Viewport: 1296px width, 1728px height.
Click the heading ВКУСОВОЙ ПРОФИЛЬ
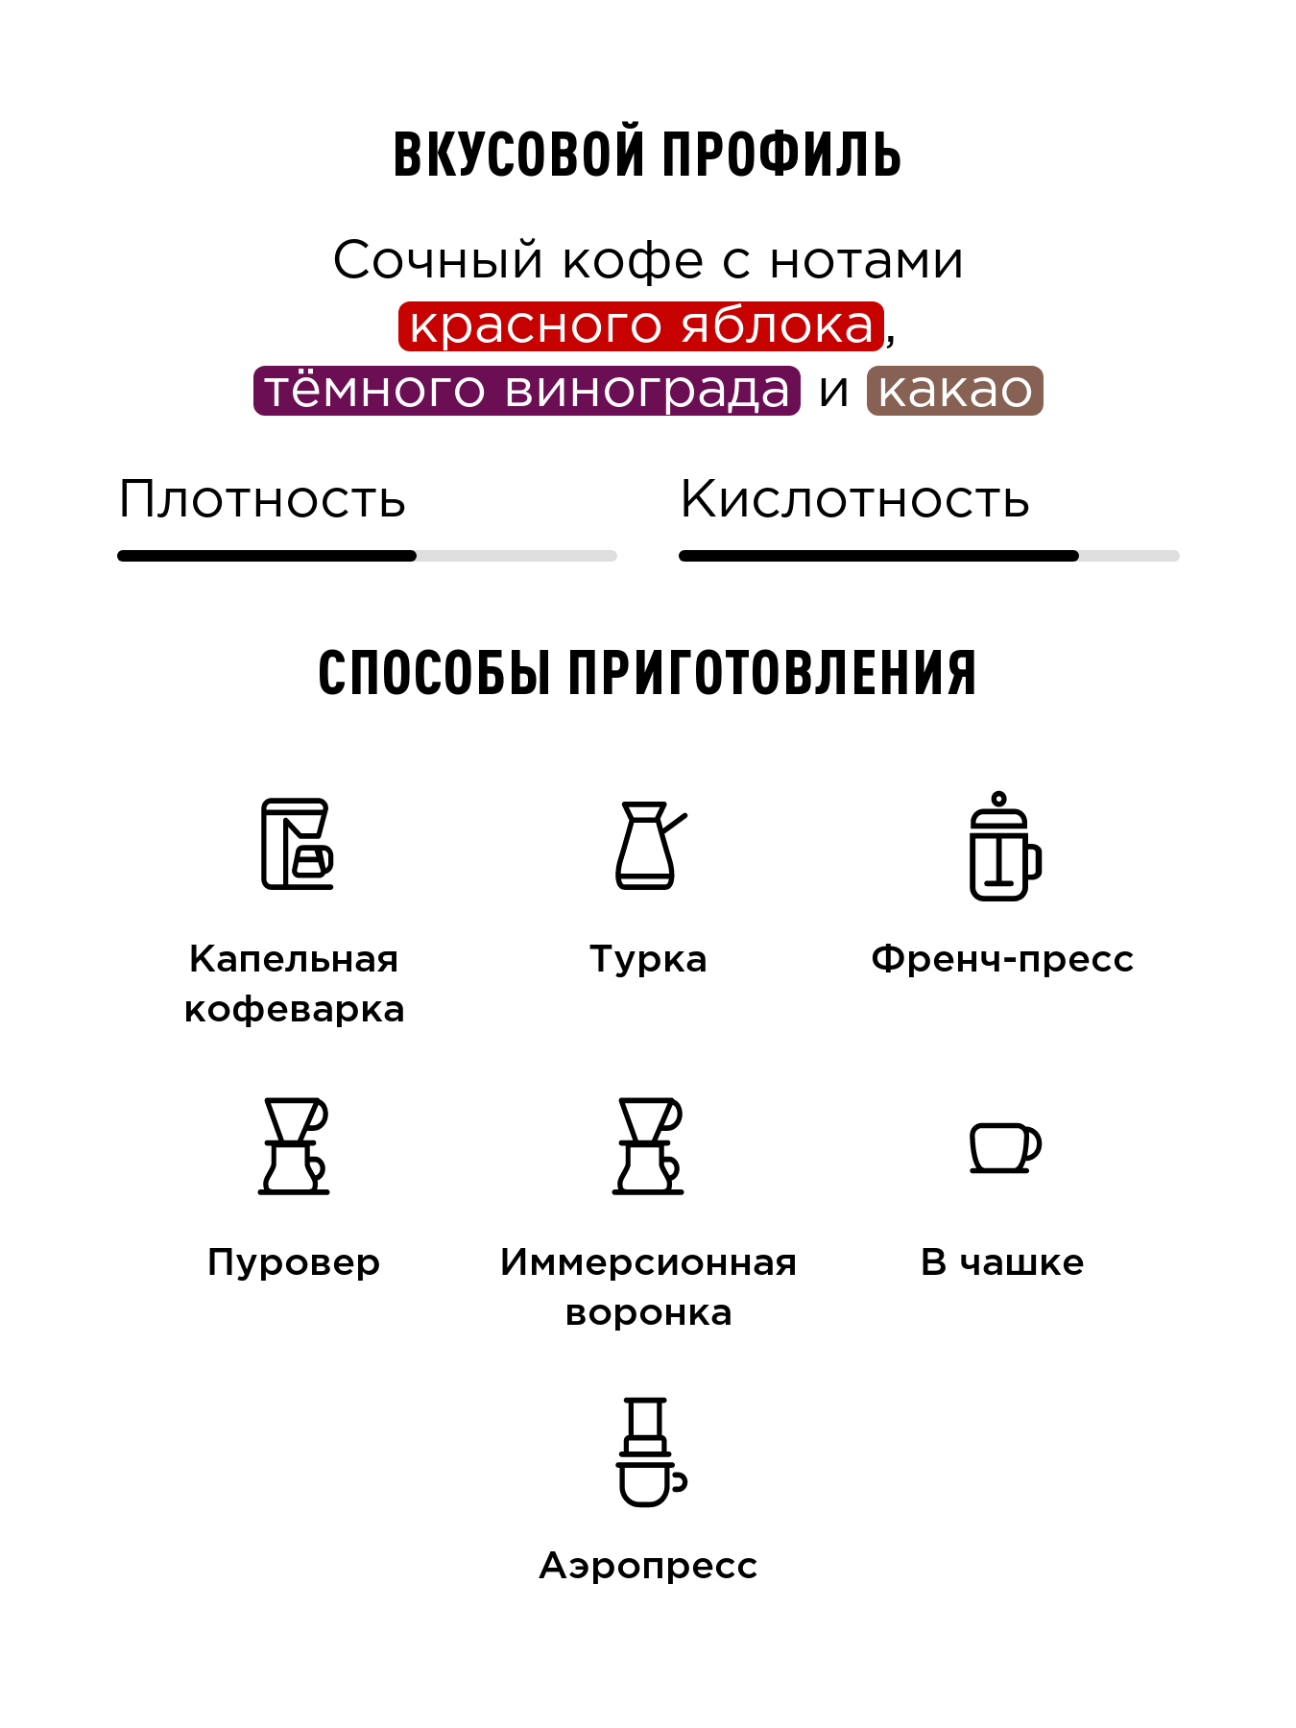(647, 154)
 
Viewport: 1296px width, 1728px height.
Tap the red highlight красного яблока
(641, 325)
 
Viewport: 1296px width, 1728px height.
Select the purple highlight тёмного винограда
(526, 391)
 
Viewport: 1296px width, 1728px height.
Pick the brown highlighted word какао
(954, 391)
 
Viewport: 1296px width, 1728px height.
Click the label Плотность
(262, 499)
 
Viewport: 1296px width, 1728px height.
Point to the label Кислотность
(854, 499)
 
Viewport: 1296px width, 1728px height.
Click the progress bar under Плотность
(367, 556)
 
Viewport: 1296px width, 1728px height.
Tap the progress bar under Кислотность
(928, 556)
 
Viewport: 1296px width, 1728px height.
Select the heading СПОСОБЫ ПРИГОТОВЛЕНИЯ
(647, 672)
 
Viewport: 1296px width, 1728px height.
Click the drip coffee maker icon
(297, 844)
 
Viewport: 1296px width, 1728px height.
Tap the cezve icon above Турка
(649, 845)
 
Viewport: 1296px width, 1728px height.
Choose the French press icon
(1003, 847)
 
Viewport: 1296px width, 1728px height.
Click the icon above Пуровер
(294, 1146)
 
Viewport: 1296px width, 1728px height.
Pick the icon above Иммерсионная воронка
(649, 1146)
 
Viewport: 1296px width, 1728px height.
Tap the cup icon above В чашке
(1004, 1147)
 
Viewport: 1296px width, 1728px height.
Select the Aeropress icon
(649, 1452)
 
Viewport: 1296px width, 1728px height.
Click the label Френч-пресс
(1002, 959)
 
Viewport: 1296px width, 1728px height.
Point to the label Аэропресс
(648, 1566)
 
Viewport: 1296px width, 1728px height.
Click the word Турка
(648, 959)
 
